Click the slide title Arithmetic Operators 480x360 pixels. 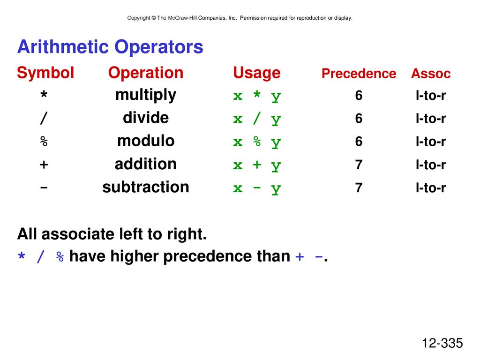[x=110, y=47]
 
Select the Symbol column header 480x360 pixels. [x=45, y=73]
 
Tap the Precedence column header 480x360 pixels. [x=359, y=74]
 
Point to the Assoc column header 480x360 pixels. [x=431, y=74]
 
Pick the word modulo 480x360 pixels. [x=146, y=141]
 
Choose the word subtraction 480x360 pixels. [x=146, y=187]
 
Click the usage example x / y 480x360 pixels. [x=257, y=119]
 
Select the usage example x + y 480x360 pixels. [x=257, y=165]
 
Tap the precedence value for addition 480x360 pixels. [x=359, y=165]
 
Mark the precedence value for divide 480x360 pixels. [x=359, y=119]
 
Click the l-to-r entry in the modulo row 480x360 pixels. [x=431, y=142]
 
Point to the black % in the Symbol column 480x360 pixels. [x=44, y=141]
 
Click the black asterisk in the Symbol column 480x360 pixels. [x=44, y=94]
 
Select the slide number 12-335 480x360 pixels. [x=442, y=343]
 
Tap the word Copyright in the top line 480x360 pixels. [x=139, y=18]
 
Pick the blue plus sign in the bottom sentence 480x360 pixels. [x=300, y=256]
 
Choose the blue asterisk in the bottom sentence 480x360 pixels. [x=22, y=255]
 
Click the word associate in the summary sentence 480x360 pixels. [x=78, y=234]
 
